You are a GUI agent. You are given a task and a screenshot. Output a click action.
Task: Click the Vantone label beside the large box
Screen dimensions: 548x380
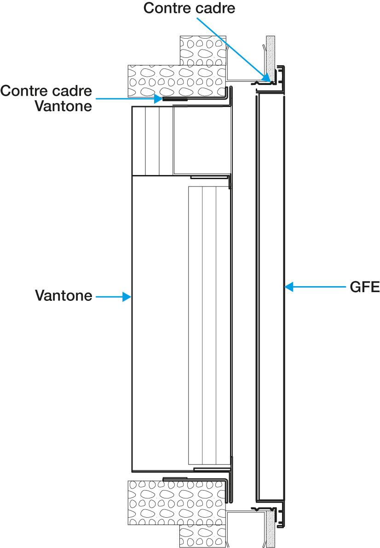[x=63, y=296]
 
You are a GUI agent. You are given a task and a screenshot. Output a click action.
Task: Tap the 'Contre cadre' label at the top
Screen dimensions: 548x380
[x=189, y=8]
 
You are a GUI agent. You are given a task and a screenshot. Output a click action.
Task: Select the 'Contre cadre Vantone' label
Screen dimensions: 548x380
[x=46, y=98]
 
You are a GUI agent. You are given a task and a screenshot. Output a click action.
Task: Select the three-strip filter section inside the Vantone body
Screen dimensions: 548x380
[x=209, y=326]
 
